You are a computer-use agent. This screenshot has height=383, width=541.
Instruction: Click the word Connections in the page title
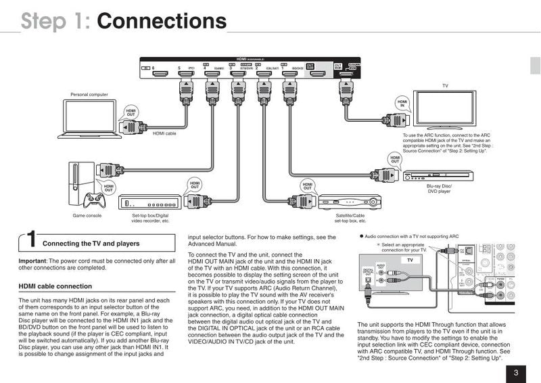click(x=162, y=21)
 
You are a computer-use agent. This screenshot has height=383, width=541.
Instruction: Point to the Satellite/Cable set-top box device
click(x=347, y=202)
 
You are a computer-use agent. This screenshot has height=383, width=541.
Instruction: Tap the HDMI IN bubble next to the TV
click(x=403, y=103)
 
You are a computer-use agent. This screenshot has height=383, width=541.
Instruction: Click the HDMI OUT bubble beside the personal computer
click(x=131, y=114)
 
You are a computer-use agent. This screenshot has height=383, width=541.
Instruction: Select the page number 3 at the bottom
click(x=516, y=371)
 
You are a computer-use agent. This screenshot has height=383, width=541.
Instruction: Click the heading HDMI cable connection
click(x=55, y=286)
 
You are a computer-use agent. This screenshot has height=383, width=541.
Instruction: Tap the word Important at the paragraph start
click(x=32, y=261)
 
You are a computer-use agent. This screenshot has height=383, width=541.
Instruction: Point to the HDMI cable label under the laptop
click(x=164, y=133)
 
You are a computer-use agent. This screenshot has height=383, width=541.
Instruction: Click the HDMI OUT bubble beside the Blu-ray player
click(x=395, y=159)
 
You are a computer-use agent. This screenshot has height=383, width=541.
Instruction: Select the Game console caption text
click(x=87, y=217)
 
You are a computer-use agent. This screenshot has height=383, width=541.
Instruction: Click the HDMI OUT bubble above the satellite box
click(x=308, y=185)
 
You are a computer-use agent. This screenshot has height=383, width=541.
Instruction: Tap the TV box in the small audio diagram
click(x=409, y=260)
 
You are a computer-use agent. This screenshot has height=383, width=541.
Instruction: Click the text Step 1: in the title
click(x=56, y=21)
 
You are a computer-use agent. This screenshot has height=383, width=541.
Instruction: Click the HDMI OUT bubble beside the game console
click(x=108, y=185)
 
